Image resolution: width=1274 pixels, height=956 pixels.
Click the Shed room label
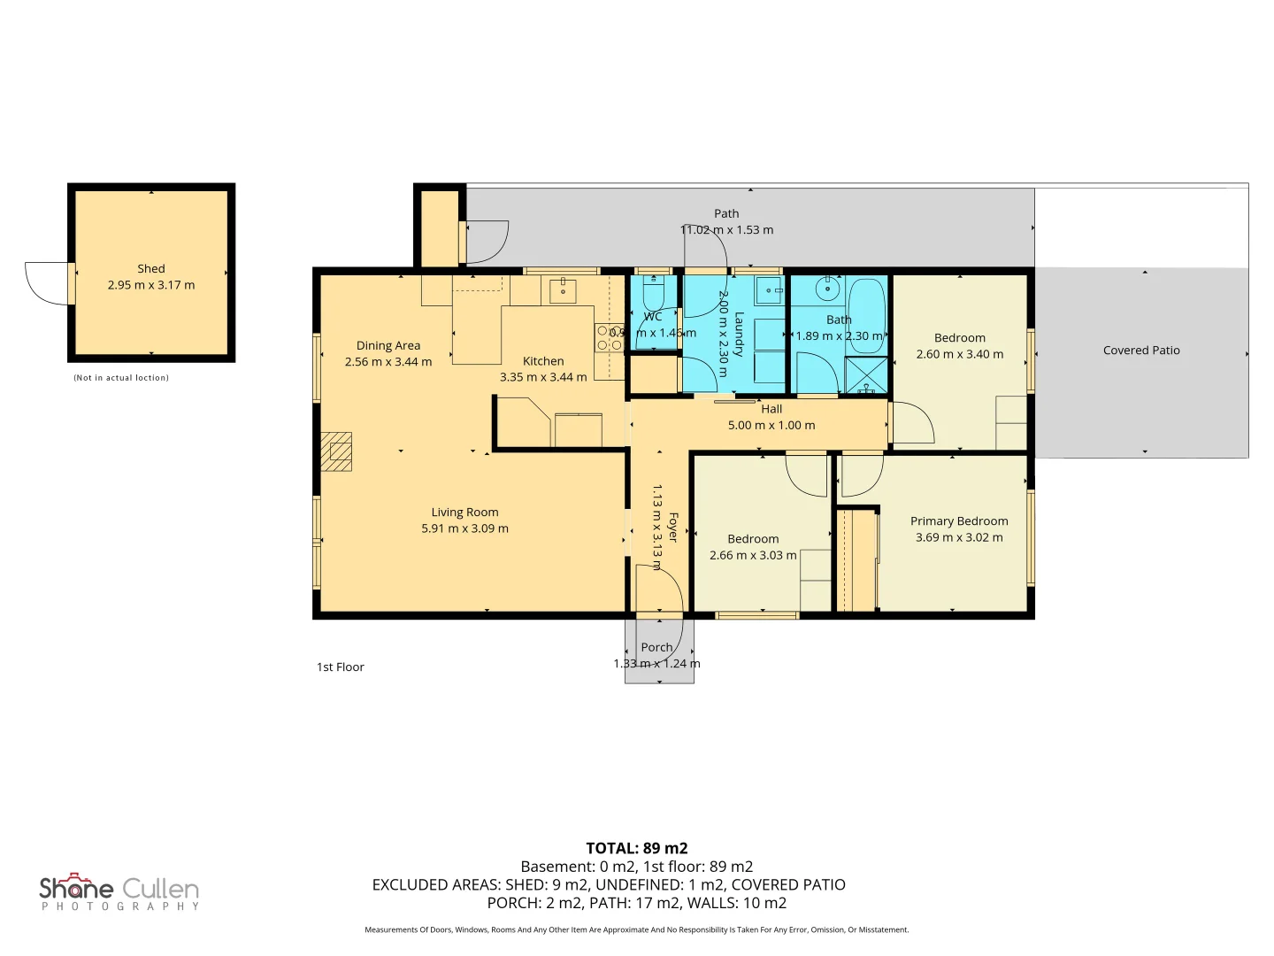[x=151, y=269]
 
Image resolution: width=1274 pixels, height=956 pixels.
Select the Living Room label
[x=464, y=513]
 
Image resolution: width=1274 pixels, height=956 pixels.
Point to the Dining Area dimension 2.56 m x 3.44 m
[x=388, y=362]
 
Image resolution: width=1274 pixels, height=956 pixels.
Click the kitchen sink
[x=563, y=290]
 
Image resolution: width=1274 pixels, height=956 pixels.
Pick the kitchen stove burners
[x=609, y=338]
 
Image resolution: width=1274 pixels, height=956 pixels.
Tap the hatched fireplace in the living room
[x=336, y=451]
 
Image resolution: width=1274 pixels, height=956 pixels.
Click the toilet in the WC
[x=653, y=292]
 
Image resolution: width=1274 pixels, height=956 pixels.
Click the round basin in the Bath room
[x=827, y=289]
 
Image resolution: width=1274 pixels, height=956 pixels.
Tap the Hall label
[x=771, y=409]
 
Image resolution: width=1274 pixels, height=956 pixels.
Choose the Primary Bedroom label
[x=959, y=521]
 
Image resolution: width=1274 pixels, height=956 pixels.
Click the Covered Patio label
[x=1141, y=351]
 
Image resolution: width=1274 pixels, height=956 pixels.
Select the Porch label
[x=656, y=648]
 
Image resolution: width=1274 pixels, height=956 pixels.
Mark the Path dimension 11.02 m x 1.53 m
[x=726, y=230]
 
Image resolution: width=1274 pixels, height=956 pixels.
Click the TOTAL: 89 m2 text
[x=636, y=848]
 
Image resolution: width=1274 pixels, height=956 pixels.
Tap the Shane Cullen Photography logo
[x=119, y=891]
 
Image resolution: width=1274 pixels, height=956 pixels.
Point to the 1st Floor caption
[x=341, y=667]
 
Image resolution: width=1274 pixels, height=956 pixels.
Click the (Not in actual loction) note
[x=121, y=378]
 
